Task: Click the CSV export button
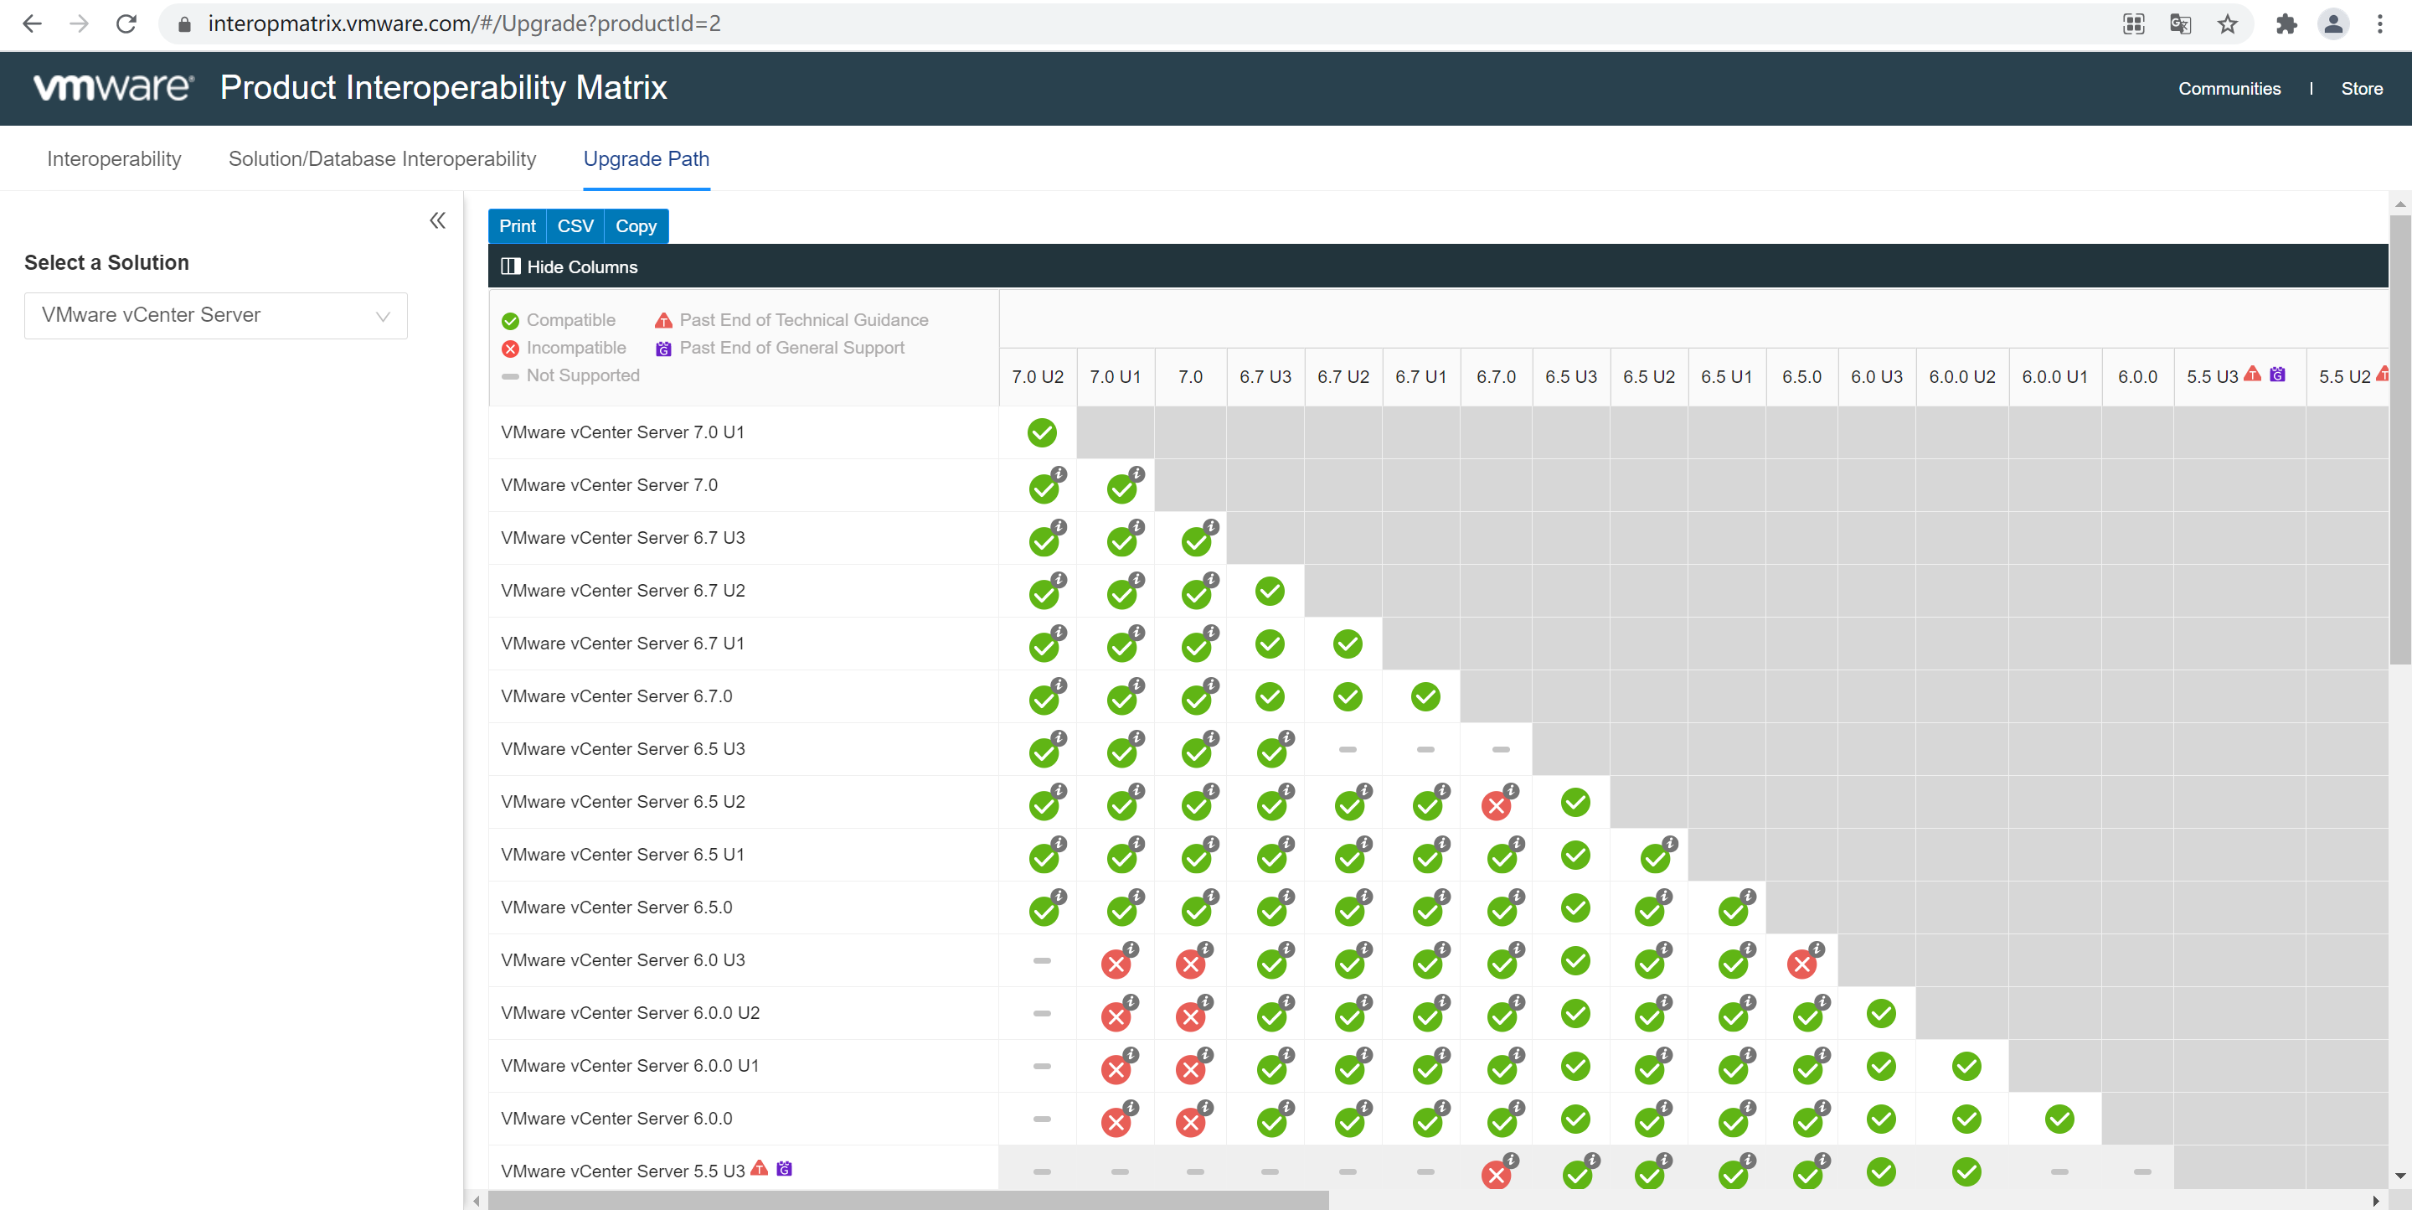coord(575,225)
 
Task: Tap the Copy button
coord(636,225)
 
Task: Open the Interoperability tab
coord(114,158)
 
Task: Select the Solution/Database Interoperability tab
coord(382,158)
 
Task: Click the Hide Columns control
coord(569,267)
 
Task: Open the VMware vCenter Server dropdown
coord(215,316)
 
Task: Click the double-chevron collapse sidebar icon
coord(437,221)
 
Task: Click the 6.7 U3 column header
coord(1265,376)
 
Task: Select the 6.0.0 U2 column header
coord(1961,376)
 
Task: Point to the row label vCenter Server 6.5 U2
coord(622,802)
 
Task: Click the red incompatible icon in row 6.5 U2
coord(1497,804)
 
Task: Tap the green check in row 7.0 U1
coord(1041,432)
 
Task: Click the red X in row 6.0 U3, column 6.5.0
coord(1801,963)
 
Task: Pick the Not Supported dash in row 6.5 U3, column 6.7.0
coord(1500,749)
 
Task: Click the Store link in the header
coord(2362,88)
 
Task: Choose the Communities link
coord(2229,88)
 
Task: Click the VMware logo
coord(113,87)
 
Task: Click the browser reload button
coord(126,23)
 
